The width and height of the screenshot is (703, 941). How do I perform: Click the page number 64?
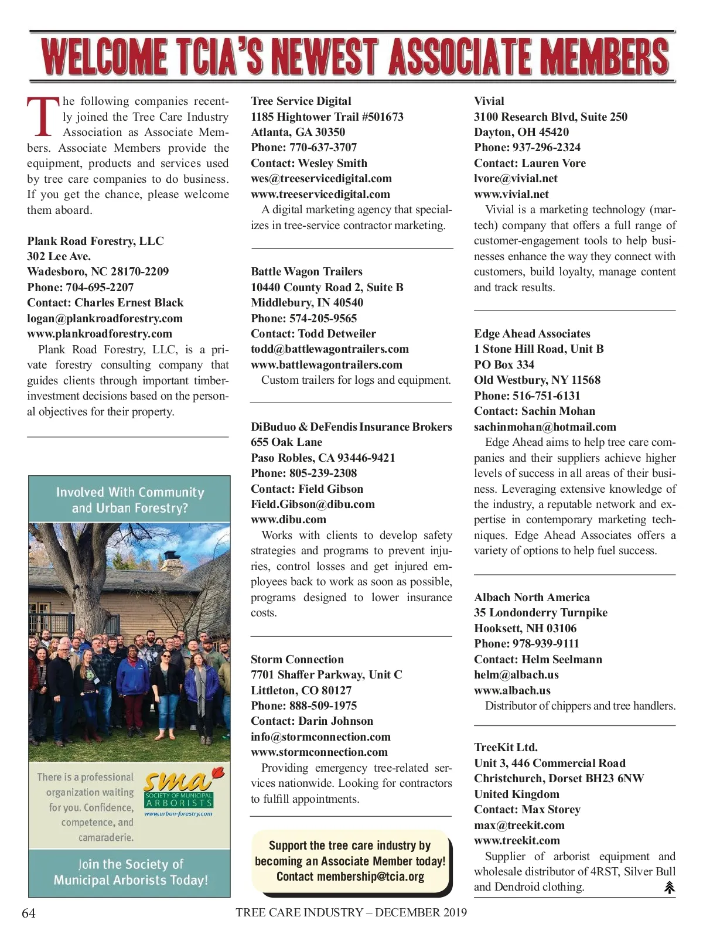(x=29, y=913)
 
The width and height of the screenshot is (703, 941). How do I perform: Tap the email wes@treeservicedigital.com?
(x=321, y=179)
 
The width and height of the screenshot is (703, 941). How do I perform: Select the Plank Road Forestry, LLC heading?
(x=95, y=241)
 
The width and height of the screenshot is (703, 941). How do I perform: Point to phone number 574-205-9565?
(x=323, y=318)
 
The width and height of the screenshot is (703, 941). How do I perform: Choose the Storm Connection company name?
(x=297, y=659)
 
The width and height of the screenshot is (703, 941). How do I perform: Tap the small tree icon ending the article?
(x=669, y=888)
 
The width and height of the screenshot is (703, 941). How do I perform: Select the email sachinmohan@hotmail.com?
(x=545, y=427)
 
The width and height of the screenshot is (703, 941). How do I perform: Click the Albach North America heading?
(x=531, y=597)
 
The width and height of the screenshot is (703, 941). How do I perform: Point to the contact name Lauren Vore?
(x=553, y=163)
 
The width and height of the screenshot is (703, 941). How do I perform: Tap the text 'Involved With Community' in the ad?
(x=130, y=492)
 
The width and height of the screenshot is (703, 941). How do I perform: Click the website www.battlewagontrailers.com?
(x=326, y=364)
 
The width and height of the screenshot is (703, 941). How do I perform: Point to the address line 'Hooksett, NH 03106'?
(x=525, y=628)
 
